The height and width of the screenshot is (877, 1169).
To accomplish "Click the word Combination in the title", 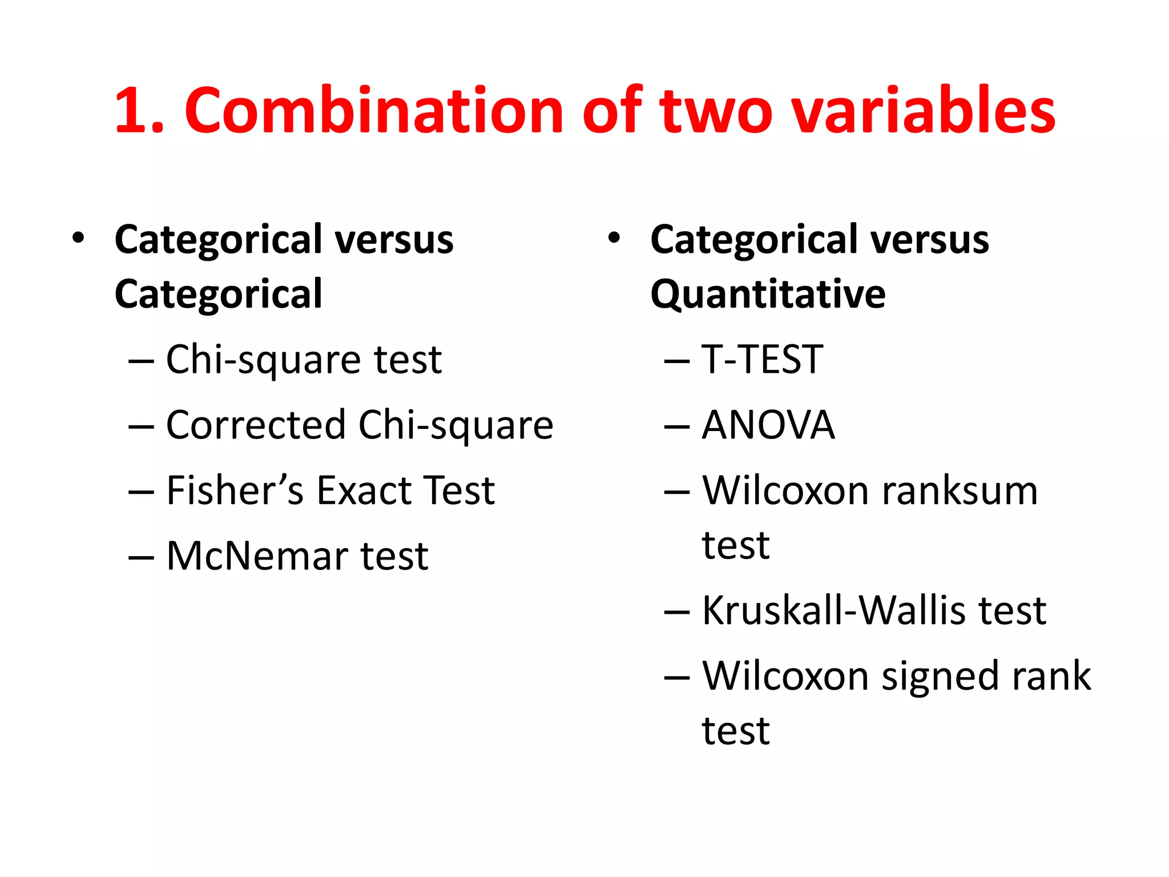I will pos(374,111).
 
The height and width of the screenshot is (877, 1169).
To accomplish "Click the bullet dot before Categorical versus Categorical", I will pos(78,238).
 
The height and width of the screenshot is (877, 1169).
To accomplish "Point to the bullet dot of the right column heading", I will pos(614,238).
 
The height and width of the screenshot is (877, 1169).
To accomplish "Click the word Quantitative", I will pos(768,295).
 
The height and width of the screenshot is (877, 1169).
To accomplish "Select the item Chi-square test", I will pos(304,360).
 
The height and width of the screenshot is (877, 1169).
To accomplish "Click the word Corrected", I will pos(256,425).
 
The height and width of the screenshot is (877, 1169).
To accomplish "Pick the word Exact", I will pos(365,490).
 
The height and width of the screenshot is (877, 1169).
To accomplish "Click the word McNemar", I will pos(255,556).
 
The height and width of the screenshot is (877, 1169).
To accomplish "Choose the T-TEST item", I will pos(762,360).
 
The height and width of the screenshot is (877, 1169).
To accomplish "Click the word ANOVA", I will pos(768,425).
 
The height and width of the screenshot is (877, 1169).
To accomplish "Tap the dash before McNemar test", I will pos(141,557).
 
